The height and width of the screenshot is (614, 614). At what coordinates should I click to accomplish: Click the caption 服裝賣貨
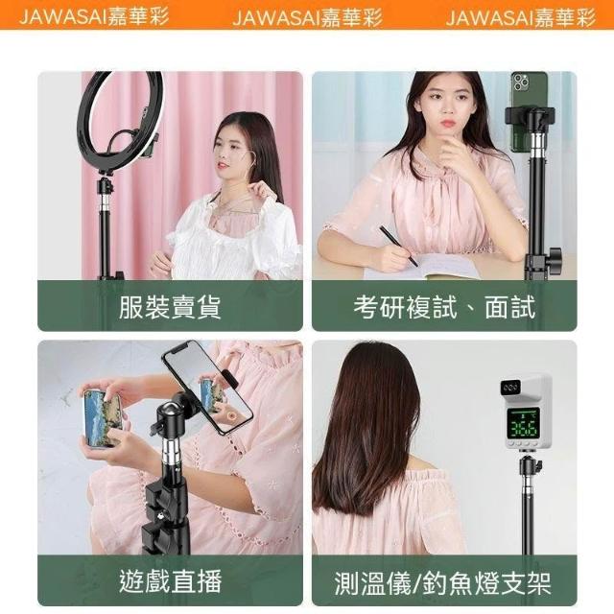[170, 307]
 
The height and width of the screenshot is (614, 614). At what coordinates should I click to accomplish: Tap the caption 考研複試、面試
[444, 307]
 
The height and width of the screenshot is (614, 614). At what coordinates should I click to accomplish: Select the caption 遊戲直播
[170, 581]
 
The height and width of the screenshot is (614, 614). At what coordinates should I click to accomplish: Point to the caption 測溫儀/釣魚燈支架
[443, 583]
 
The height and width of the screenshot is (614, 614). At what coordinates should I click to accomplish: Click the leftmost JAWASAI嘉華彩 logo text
[94, 17]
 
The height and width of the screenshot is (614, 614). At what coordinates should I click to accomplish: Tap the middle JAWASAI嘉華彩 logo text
[307, 17]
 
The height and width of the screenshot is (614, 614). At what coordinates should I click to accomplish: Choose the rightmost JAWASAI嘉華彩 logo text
[521, 17]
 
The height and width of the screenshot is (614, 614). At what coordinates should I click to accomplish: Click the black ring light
[120, 122]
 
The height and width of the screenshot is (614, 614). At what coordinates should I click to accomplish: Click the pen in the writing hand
[398, 246]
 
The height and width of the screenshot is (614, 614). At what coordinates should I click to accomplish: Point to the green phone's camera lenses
[521, 83]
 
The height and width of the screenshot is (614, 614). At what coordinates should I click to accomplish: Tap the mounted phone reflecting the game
[207, 386]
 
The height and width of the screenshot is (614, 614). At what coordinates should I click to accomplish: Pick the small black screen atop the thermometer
[510, 388]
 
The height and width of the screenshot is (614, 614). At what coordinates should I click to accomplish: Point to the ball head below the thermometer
[531, 468]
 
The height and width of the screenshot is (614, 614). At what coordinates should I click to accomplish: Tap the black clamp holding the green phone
[530, 116]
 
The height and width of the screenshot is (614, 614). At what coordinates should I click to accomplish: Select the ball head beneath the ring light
[105, 187]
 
